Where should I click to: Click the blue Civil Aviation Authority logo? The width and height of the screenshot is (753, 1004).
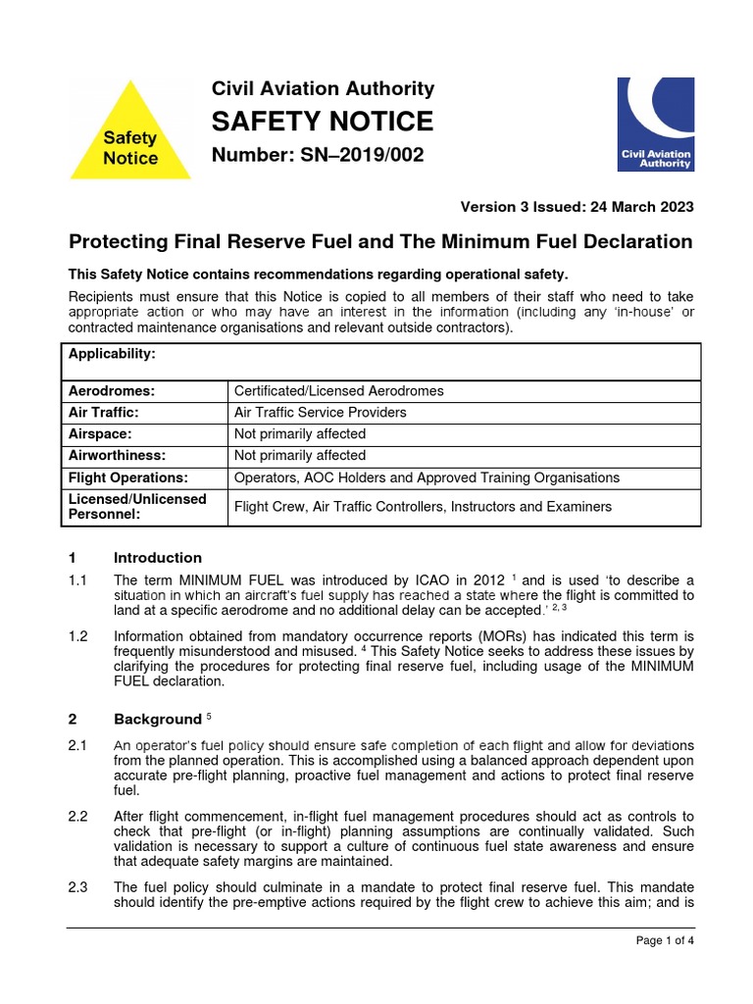[x=655, y=125]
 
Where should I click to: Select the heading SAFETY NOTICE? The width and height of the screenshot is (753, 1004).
[x=323, y=122]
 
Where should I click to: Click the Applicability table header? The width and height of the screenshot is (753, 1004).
[x=113, y=353]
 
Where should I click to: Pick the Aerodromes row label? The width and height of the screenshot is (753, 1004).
[x=112, y=390]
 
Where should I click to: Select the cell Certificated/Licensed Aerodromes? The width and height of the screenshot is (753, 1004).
[x=338, y=390]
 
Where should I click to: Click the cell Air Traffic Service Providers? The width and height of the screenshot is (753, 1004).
[x=320, y=412]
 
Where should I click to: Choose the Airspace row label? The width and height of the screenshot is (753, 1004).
[x=100, y=433]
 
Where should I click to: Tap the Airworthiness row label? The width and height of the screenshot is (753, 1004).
[x=117, y=455]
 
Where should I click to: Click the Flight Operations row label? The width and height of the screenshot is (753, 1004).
[x=127, y=477]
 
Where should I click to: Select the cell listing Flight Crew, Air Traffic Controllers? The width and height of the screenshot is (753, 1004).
[x=423, y=507]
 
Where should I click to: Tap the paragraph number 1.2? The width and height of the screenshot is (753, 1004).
[x=78, y=636]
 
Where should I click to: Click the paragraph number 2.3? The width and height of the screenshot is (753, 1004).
[x=78, y=887]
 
